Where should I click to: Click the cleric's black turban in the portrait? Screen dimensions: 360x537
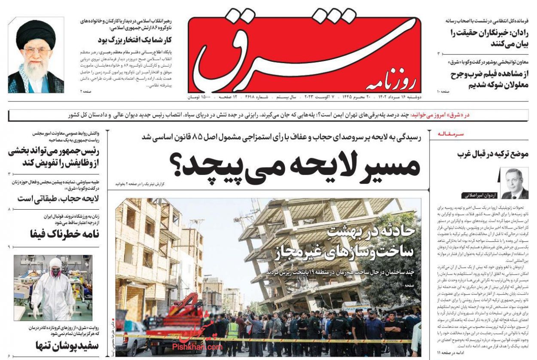click(x=36, y=33)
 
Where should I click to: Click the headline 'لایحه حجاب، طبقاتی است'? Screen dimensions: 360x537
click(x=58, y=199)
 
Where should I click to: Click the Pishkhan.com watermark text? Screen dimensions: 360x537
click(x=197, y=346)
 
